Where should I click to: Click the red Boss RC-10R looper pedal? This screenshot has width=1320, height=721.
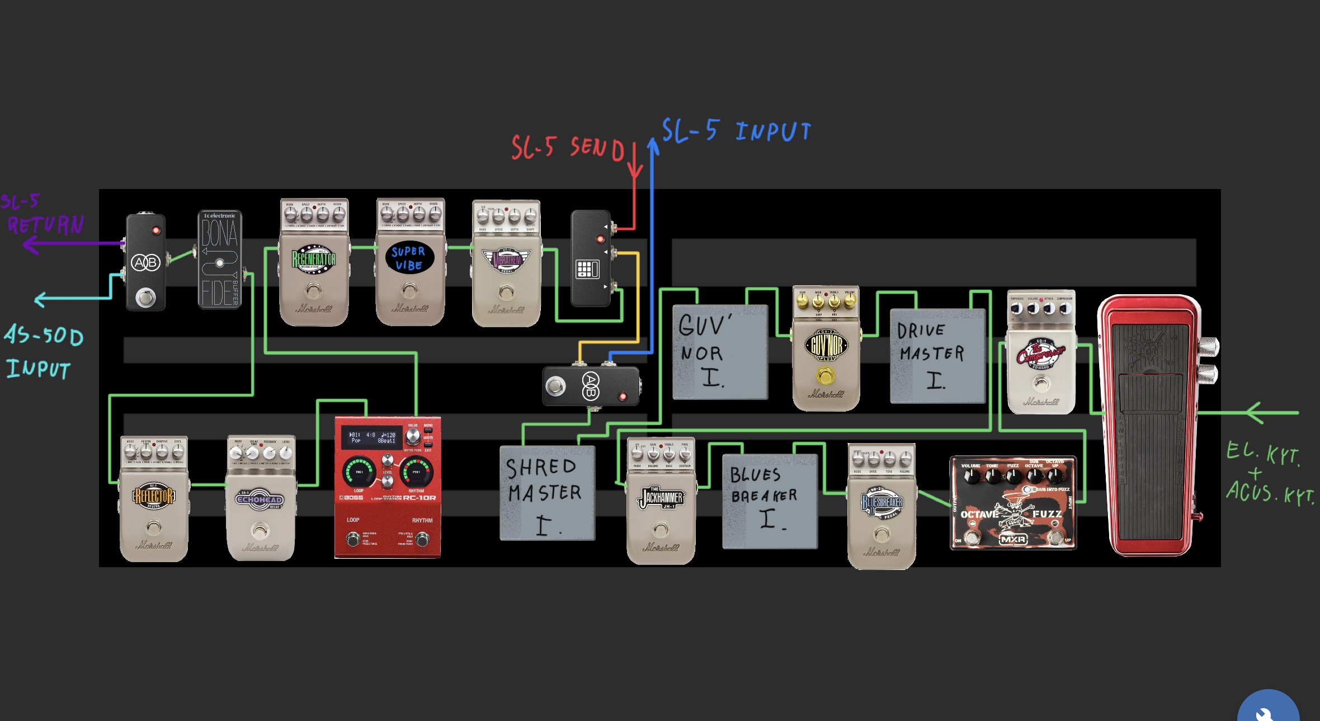pos(388,487)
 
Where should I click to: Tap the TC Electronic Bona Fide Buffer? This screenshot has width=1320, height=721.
pos(220,260)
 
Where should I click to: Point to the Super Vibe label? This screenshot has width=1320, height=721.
pos(409,258)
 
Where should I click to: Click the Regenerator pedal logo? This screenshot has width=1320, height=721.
pos(314,259)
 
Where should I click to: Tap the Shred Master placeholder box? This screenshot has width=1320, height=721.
pos(547,493)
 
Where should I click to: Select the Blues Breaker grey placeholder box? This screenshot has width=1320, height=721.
pos(770,501)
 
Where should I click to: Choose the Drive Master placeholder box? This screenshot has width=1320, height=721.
pos(937,356)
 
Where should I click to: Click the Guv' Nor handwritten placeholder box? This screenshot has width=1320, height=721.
pos(720,352)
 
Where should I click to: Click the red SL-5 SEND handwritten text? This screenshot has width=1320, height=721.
pos(567,148)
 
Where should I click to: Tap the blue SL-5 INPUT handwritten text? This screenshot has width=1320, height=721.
pos(736,131)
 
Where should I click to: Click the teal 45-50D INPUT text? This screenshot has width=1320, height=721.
pos(43,352)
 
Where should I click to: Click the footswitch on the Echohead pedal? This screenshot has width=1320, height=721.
pos(260,530)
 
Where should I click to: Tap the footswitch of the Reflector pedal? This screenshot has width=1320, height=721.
pos(153,527)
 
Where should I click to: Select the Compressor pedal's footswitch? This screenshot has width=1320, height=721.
pos(1041,384)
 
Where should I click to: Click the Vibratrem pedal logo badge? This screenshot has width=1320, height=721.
pos(507,260)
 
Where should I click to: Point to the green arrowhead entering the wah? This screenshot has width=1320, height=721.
pos(1256,413)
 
